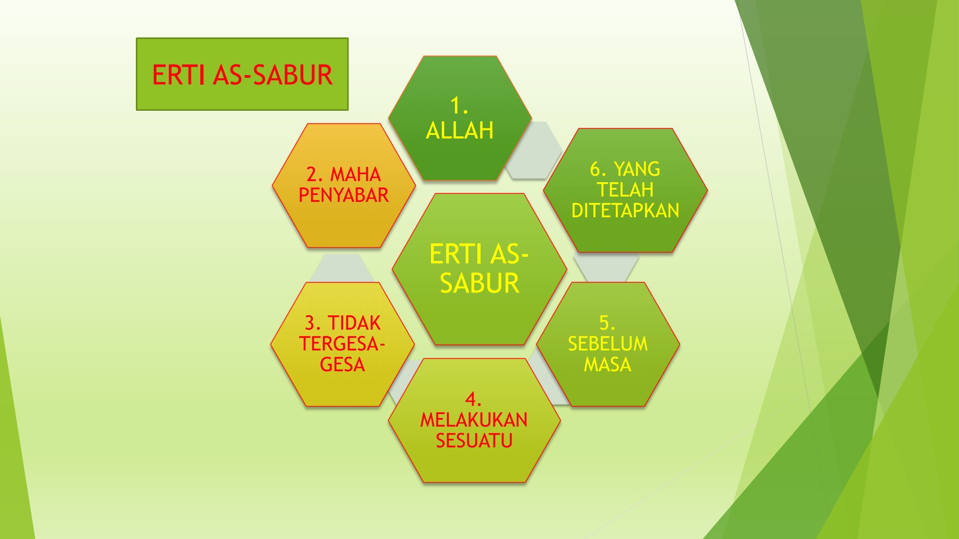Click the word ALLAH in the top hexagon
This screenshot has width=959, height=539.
pyautogui.click(x=460, y=130)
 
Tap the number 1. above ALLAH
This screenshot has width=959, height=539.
pyautogui.click(x=459, y=105)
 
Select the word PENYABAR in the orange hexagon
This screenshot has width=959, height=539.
pyautogui.click(x=344, y=195)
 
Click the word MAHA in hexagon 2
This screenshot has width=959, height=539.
pyautogui.click(x=355, y=175)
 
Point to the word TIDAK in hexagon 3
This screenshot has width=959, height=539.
pyautogui.click(x=354, y=323)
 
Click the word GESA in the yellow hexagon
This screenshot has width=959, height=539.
pyautogui.click(x=343, y=365)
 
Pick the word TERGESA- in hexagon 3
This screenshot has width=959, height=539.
pyautogui.click(x=342, y=344)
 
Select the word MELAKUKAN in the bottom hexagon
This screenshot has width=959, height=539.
pyautogui.click(x=474, y=420)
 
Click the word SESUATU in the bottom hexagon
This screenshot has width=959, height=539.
pyautogui.click(x=474, y=441)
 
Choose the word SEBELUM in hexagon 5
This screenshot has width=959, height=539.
pyautogui.click(x=608, y=344)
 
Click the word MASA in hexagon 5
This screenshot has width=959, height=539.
pyautogui.click(x=607, y=365)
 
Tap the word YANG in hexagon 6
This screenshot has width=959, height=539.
pyautogui.click(x=637, y=169)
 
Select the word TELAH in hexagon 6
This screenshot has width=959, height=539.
pyautogui.click(x=625, y=190)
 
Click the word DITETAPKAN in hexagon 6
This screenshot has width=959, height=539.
pyautogui.click(x=625, y=211)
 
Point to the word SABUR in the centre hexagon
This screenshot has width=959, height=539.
pyautogui.click(x=479, y=283)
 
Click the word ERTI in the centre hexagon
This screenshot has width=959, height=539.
pyautogui.click(x=457, y=254)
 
